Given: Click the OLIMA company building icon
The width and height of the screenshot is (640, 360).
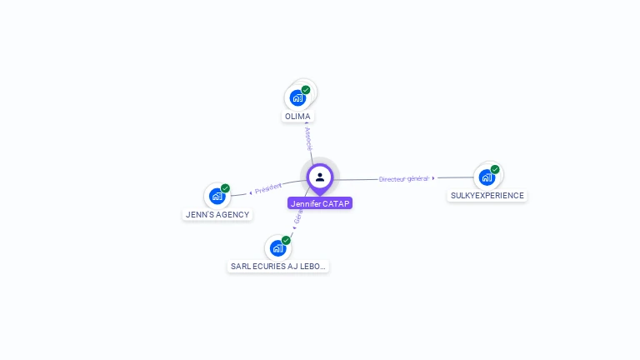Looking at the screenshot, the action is point(297,98).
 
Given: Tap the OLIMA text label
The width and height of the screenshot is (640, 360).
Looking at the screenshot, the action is point(297,117).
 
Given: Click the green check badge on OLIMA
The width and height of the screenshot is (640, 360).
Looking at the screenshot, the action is point(306,90).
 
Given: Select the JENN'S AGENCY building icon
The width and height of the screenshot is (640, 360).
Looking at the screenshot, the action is point(217,197).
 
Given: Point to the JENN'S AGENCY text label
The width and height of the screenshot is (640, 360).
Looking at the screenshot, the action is point(217,215).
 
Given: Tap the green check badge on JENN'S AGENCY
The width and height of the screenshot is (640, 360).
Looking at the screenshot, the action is point(225,188).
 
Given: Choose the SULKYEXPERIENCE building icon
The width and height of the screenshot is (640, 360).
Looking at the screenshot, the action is point(487,177).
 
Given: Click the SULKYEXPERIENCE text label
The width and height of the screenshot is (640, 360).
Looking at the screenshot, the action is point(487,196).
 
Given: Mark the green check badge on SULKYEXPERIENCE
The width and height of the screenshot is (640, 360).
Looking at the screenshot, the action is point(495,169).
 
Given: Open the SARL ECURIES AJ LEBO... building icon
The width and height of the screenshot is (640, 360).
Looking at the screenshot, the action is point(277,248).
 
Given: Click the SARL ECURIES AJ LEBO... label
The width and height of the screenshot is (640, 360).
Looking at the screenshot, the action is point(278,267).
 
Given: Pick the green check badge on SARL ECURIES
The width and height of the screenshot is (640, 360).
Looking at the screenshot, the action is point(286,240).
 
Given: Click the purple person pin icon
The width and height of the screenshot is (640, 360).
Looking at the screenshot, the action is point(320,177).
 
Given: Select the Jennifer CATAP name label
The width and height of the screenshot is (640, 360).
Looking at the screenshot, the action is point(320,203).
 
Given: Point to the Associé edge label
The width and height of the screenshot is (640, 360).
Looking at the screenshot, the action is point(308,137).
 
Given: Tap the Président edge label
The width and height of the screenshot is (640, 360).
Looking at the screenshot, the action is point(268,188).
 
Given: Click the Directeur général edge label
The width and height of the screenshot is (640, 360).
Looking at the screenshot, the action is point(403,179).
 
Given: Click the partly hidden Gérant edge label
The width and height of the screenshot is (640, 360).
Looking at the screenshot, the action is point(298,215).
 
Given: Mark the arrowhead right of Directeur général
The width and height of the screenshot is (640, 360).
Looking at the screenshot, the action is point(433,178).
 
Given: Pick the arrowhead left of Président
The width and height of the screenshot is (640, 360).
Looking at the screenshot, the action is point(250,193).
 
